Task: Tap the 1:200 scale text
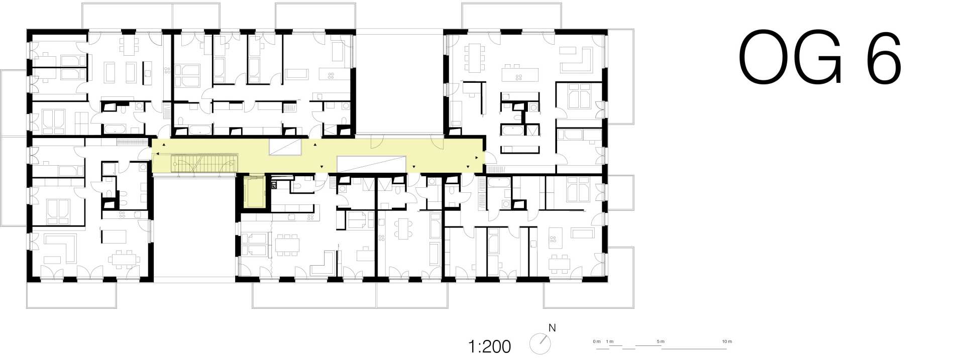[x=489, y=346]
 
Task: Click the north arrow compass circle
[x=540, y=344]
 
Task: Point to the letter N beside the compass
[x=552, y=328]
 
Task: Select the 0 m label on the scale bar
[x=596, y=341]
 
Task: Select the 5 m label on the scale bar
[x=661, y=341]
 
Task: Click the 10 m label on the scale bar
[x=727, y=341]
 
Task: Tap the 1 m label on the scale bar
[x=610, y=341]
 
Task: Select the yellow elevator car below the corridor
[x=254, y=191]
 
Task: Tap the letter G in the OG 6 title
[x=818, y=58]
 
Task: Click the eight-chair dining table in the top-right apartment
[x=475, y=58]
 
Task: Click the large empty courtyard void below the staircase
[x=194, y=226]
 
